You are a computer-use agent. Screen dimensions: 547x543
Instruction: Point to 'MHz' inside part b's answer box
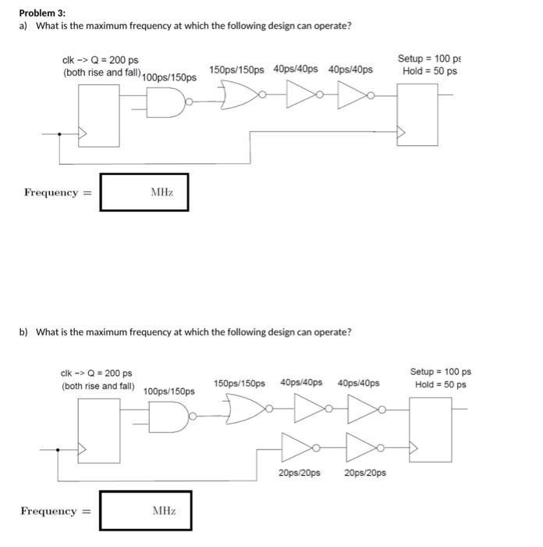click(x=164, y=511)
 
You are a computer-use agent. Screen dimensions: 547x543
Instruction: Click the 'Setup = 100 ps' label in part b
click(x=440, y=372)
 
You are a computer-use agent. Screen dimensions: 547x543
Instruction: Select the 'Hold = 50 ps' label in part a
click(x=429, y=72)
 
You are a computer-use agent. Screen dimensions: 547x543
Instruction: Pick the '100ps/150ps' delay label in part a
click(x=170, y=78)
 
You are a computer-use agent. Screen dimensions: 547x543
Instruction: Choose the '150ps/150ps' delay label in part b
click(x=239, y=383)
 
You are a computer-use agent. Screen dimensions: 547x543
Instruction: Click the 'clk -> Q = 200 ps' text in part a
click(x=100, y=60)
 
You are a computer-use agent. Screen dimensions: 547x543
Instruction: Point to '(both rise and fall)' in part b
click(x=98, y=386)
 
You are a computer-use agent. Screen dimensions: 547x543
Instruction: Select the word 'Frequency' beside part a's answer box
click(x=51, y=192)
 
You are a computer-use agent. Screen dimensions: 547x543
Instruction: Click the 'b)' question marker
click(x=23, y=332)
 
